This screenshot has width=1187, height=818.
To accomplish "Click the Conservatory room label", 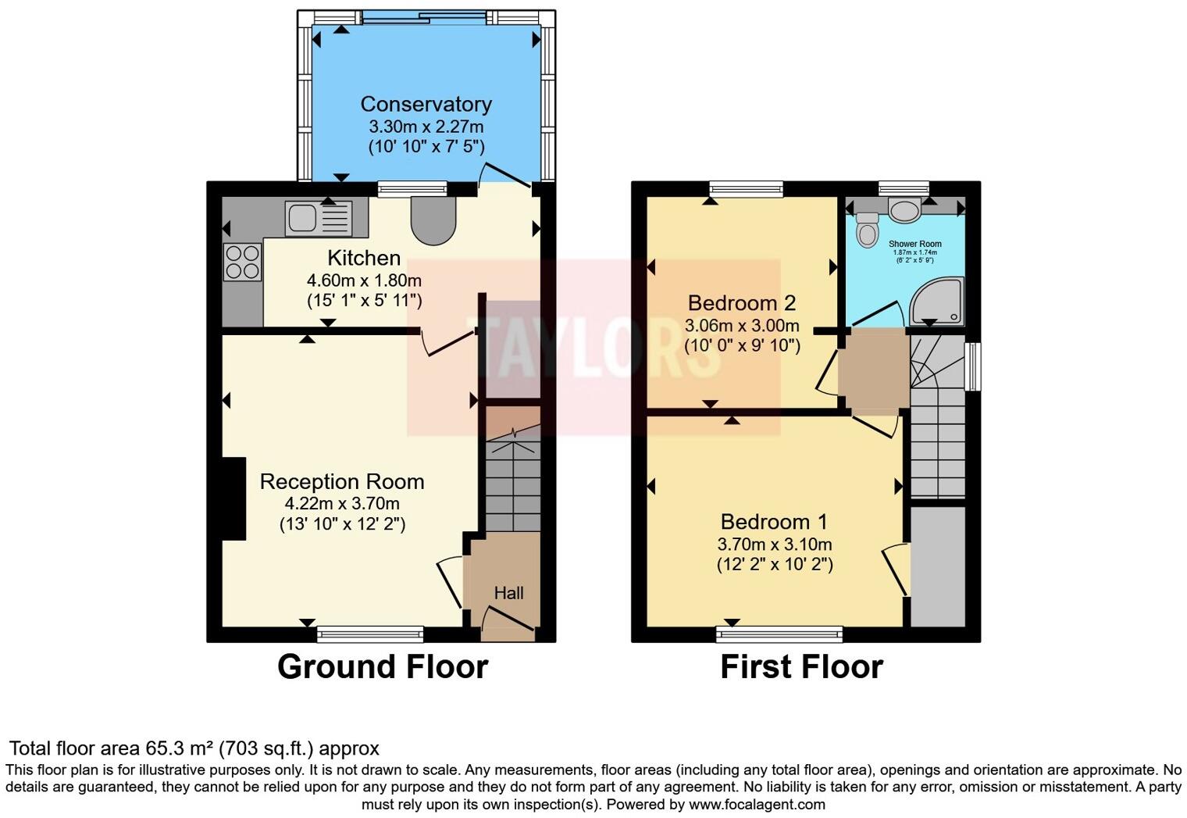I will click(426, 104).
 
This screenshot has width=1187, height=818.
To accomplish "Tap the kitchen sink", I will click(319, 218).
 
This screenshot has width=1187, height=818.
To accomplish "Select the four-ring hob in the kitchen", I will click(242, 262).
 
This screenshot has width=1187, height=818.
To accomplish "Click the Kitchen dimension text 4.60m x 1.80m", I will click(364, 280).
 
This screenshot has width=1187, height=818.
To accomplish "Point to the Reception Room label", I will click(342, 481).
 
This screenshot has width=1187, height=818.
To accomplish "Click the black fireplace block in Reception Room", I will click(233, 498).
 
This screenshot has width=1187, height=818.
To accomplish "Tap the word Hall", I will click(508, 593).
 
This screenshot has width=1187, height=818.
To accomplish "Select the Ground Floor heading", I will click(383, 666).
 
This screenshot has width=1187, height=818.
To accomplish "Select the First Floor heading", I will click(801, 666).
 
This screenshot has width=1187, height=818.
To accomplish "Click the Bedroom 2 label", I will click(741, 302).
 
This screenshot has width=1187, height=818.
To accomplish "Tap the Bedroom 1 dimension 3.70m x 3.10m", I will click(775, 545).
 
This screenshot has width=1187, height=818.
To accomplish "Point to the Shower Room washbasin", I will click(904, 209).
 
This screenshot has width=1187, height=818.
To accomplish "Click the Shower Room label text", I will click(914, 244).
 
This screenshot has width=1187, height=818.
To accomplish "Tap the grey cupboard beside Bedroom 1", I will click(938, 566).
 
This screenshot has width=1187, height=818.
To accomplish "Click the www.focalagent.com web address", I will click(756, 804).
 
